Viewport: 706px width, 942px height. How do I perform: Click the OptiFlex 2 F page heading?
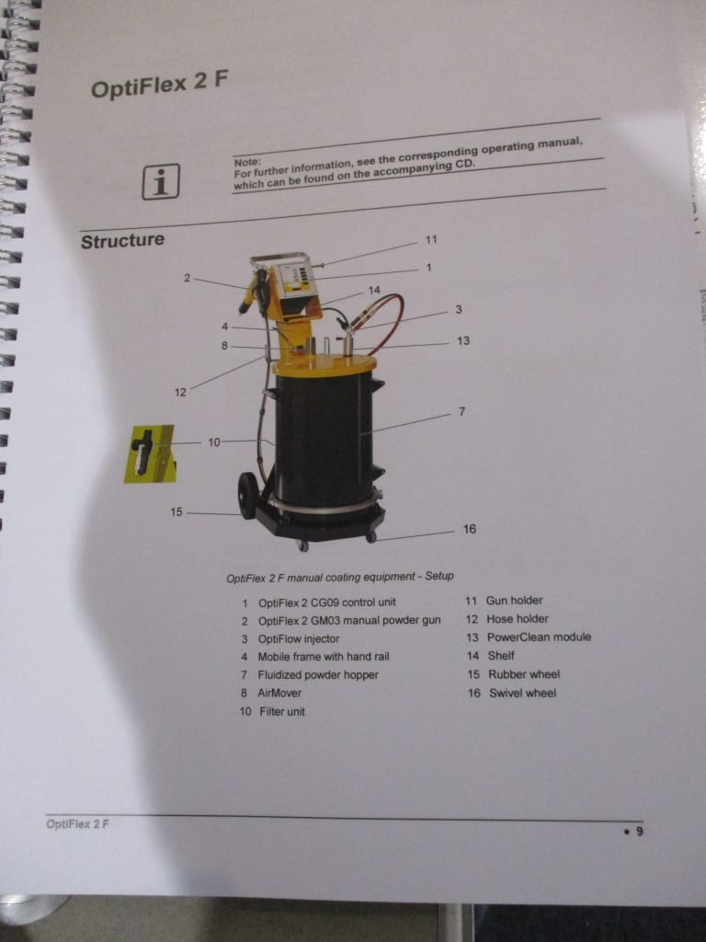tap(158, 86)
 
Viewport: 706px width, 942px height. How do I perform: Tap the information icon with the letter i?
tap(161, 182)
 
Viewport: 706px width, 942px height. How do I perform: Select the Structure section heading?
tap(122, 242)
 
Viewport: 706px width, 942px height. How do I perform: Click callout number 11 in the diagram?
tap(431, 240)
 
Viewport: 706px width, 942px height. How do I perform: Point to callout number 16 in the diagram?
tap(469, 529)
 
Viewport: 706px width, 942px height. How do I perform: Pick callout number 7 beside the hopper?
tap(461, 412)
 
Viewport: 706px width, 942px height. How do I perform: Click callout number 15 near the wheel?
tap(176, 512)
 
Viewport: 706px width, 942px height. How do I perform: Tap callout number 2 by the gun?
tap(187, 277)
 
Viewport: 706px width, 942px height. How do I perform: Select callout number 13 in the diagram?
tap(462, 341)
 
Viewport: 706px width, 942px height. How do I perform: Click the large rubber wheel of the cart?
tap(247, 495)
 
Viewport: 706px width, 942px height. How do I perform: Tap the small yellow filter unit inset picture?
tap(149, 454)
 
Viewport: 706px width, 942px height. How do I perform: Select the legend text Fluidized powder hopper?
tap(317, 674)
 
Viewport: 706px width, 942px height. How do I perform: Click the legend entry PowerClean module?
tap(539, 637)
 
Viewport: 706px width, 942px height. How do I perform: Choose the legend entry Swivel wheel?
tap(522, 693)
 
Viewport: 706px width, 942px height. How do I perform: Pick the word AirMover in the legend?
tap(279, 693)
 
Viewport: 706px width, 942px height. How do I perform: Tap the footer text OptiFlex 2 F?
tap(77, 823)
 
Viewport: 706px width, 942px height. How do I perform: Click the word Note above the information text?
tap(246, 161)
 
